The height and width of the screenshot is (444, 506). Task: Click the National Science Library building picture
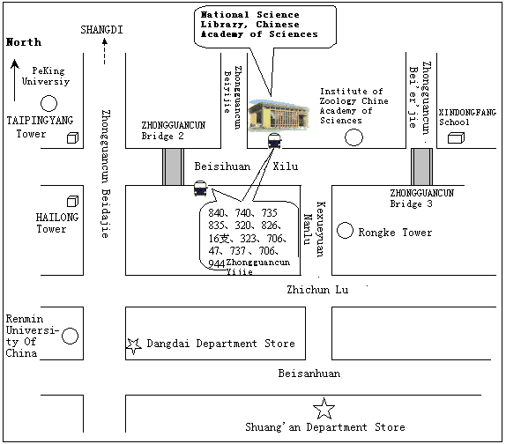(x=279, y=115)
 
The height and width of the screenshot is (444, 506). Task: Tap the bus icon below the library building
(x=275, y=141)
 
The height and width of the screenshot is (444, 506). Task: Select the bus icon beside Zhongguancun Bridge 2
(x=200, y=189)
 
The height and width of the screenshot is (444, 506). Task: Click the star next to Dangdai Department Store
(x=134, y=346)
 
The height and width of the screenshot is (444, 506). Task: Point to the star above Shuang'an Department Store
(x=324, y=408)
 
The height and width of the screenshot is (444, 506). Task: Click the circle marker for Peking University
(x=48, y=103)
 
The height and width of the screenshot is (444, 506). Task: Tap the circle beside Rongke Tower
(x=345, y=231)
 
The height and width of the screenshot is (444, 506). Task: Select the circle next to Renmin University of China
(x=70, y=336)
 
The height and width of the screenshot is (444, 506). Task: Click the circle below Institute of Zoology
(x=353, y=137)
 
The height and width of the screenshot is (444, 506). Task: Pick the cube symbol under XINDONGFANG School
(x=456, y=137)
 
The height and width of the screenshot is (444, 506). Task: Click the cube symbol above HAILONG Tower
(x=72, y=201)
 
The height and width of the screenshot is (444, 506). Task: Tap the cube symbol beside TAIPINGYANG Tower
(x=72, y=137)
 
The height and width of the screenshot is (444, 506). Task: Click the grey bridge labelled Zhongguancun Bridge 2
(x=174, y=166)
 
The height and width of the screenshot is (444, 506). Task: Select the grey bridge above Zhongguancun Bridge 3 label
(x=421, y=166)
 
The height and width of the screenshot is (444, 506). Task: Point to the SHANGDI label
(x=101, y=30)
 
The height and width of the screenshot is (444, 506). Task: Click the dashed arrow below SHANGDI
(x=104, y=51)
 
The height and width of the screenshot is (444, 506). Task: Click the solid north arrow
(x=14, y=80)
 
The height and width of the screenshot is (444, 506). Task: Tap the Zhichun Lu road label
(x=317, y=290)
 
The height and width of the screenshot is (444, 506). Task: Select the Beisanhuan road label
(x=309, y=374)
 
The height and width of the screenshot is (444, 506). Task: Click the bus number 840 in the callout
(x=217, y=213)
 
